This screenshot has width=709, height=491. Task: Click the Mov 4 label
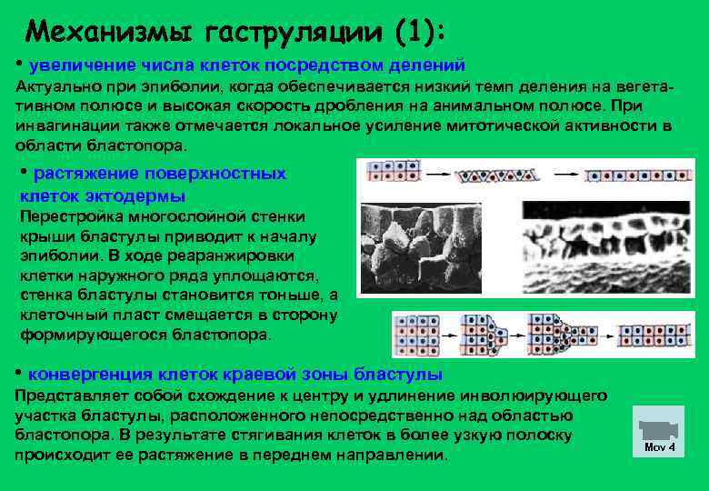660,448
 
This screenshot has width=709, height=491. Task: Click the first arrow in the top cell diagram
433,173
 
